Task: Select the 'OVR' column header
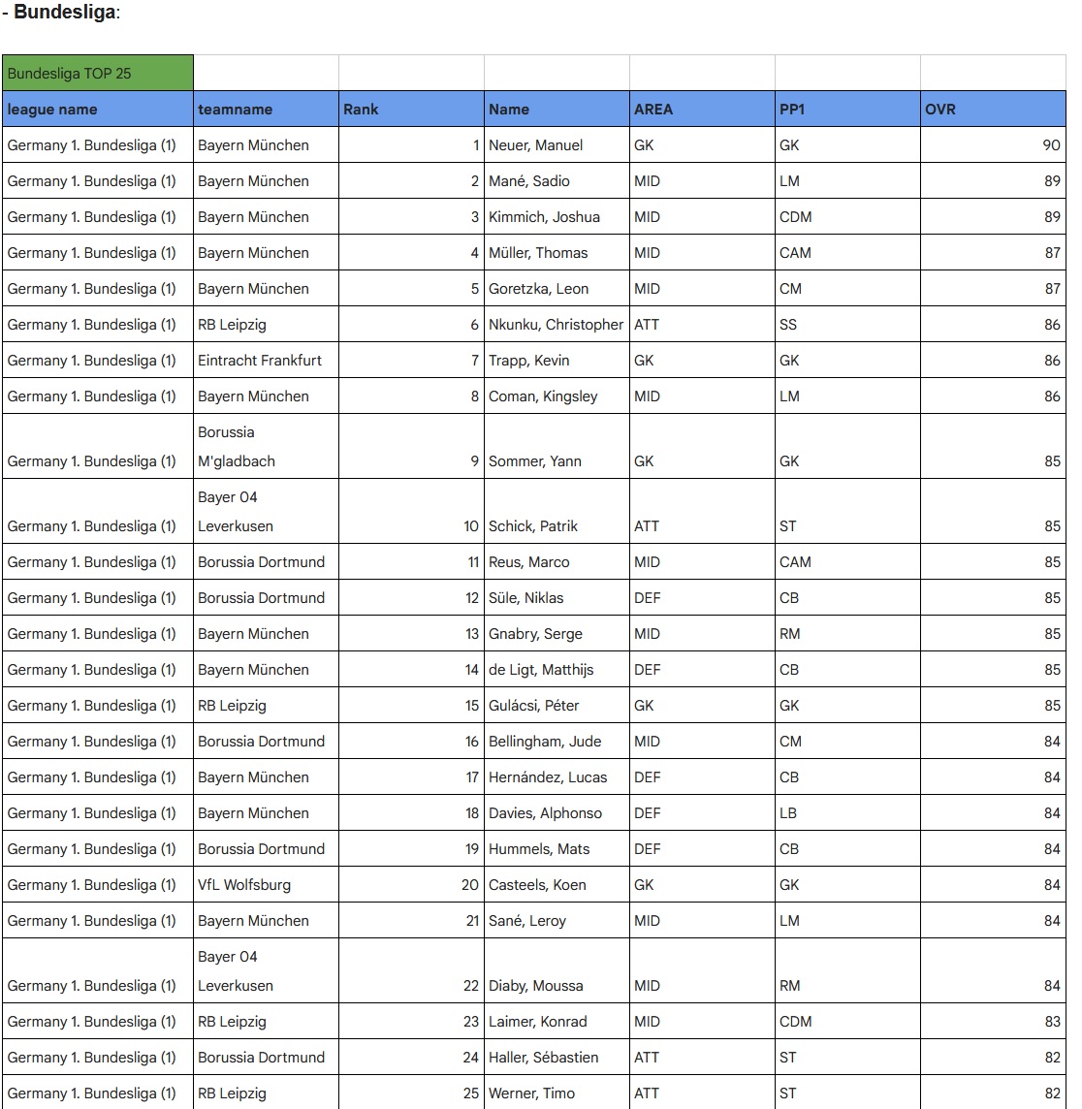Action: [940, 110]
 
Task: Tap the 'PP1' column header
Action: [792, 110]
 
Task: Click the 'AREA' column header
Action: [653, 110]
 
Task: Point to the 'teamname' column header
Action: [235, 110]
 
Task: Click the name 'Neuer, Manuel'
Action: [536, 145]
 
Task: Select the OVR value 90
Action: [1051, 145]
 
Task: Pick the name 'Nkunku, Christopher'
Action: [556, 325]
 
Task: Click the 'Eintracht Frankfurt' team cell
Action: [260, 361]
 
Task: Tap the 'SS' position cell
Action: [788, 325]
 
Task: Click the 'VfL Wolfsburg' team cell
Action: [244, 885]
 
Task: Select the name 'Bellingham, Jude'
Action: [545, 742]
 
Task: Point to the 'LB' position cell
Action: [788, 813]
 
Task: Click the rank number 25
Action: [471, 1093]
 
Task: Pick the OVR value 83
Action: [1052, 1022]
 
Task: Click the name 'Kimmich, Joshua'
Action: [544, 217]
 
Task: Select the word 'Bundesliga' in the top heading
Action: [64, 14]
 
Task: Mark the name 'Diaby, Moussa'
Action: [536, 986]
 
